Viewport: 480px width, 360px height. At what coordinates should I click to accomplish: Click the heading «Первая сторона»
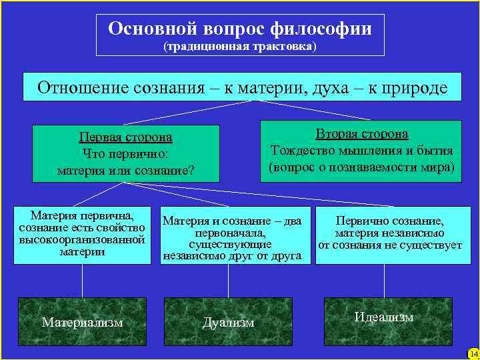tap(125, 137)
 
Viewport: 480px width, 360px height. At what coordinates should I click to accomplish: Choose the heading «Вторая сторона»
tap(362, 134)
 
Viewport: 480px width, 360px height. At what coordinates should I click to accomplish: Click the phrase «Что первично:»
tap(125, 154)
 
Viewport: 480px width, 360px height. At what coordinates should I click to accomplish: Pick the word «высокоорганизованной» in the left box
tap(82, 239)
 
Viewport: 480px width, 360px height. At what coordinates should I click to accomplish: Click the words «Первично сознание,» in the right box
tap(390, 221)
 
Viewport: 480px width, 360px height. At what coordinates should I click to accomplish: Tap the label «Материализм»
tap(83, 322)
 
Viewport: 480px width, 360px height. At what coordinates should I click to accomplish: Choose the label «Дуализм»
tap(228, 323)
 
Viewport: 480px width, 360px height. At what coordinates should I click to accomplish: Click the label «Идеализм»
tap(384, 317)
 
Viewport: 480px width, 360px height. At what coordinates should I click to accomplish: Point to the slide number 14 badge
tap(473, 353)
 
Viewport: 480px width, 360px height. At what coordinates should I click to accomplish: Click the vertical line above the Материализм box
tap(83, 280)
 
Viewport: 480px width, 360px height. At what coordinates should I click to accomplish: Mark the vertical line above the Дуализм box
tap(228, 280)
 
